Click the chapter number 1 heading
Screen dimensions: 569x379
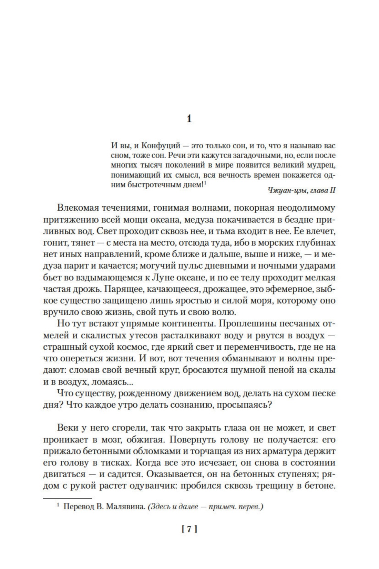click(189, 119)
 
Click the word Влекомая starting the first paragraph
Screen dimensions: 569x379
click(80, 208)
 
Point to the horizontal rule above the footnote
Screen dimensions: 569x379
click(68, 498)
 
